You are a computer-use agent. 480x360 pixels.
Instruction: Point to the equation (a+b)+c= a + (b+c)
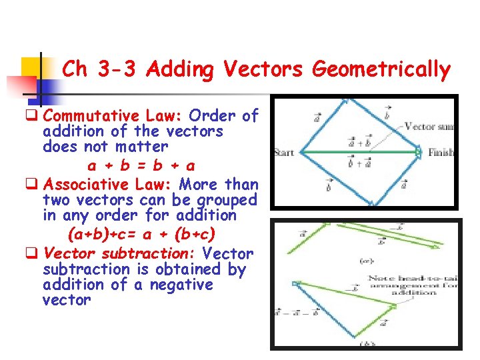point(141,235)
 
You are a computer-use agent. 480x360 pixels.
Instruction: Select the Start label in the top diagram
point(284,153)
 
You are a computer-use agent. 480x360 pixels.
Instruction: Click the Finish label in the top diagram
point(441,153)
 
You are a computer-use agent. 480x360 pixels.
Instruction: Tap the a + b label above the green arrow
point(360,142)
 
